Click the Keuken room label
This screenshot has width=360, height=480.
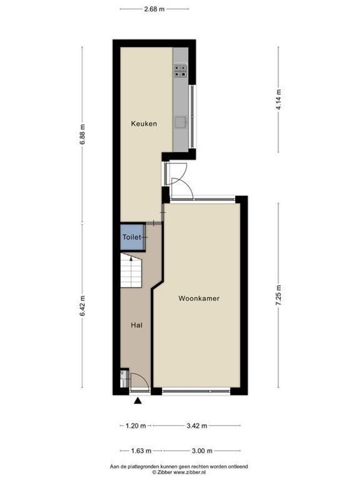click(x=144, y=124)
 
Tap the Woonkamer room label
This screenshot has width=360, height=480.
click(x=199, y=299)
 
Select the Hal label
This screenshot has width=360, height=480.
click(x=136, y=325)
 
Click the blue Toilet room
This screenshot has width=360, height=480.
click(x=132, y=237)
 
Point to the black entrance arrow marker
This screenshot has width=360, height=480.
click(x=138, y=401)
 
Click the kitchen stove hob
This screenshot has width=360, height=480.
click(x=180, y=70)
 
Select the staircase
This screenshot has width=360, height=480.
click(x=131, y=270)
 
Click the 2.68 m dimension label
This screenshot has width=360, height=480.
click(x=155, y=8)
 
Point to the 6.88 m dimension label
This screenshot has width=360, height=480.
click(x=82, y=134)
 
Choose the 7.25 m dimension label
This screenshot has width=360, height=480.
click(x=279, y=295)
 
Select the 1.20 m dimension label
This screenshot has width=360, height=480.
click(x=136, y=426)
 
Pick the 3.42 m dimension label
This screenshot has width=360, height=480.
click(x=197, y=426)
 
